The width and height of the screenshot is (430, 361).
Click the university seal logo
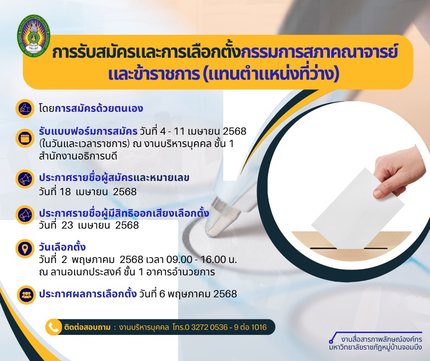pos(34,34)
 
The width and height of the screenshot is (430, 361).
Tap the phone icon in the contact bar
pos(54,327)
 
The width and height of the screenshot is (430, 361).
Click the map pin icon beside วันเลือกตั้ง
pos(25,249)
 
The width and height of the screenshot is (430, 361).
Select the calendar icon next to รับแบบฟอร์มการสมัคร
pos(25,138)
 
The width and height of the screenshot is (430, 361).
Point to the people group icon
pos(27,295)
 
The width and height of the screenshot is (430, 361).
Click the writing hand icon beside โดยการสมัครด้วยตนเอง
pos(25,109)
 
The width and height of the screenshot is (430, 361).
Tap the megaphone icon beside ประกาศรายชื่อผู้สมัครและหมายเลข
pos(25,179)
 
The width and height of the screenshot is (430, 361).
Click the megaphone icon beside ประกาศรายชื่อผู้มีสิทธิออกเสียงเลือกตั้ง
pos(25,214)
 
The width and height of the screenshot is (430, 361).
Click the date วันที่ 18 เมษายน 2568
pos(88,191)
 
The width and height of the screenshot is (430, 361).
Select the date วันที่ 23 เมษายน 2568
pos(89,225)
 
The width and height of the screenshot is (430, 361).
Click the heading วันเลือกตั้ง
pos(62,247)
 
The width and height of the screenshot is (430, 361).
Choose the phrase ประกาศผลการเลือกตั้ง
pos(88,294)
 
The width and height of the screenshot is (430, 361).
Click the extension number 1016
pos(259,327)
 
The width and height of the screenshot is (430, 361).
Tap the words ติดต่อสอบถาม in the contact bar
pos(87,327)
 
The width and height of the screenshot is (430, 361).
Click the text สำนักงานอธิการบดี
pos(78,156)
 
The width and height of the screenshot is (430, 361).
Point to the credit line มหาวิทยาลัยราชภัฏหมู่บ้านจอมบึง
pos(376,347)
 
